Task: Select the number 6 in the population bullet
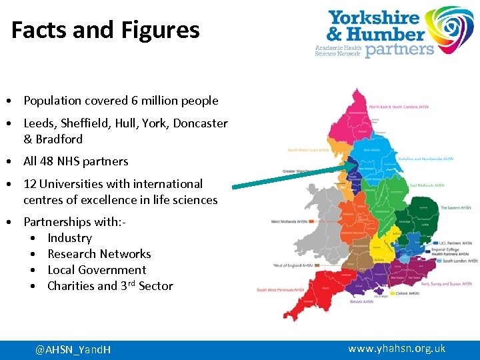(x=135, y=101)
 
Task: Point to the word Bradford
(x=59, y=139)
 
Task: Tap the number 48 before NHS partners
(x=47, y=161)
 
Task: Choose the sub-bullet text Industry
(x=69, y=238)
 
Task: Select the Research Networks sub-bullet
(x=99, y=254)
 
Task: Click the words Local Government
(x=97, y=270)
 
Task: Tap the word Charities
(x=71, y=286)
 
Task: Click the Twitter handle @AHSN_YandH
(x=73, y=349)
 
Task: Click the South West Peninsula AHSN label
(x=281, y=290)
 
